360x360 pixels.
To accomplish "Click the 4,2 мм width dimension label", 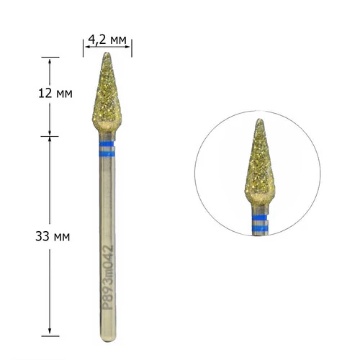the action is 107,40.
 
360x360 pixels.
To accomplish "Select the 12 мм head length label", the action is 55,94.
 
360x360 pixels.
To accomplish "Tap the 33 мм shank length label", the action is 53,236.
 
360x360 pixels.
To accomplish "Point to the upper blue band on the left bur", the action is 107,144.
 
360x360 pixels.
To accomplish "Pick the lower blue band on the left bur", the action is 107,154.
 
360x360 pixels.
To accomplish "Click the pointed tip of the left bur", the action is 107,53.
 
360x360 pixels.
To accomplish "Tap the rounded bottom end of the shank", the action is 108,339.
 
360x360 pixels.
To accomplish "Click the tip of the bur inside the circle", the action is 259,120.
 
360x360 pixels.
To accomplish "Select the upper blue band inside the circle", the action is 259,218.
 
